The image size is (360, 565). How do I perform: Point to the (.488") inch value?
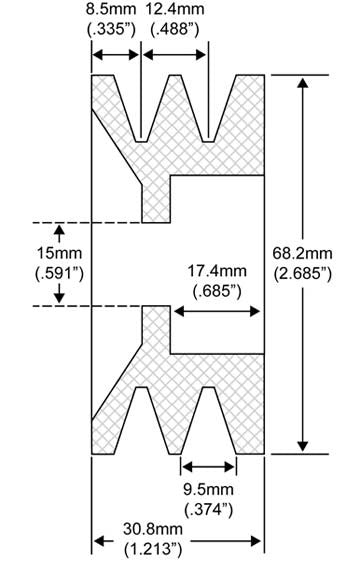tap(174, 30)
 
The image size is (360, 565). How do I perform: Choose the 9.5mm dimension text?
tap(209, 490)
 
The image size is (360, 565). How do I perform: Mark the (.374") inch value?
tap(209, 509)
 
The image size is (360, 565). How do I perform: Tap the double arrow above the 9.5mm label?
tap(209, 466)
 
